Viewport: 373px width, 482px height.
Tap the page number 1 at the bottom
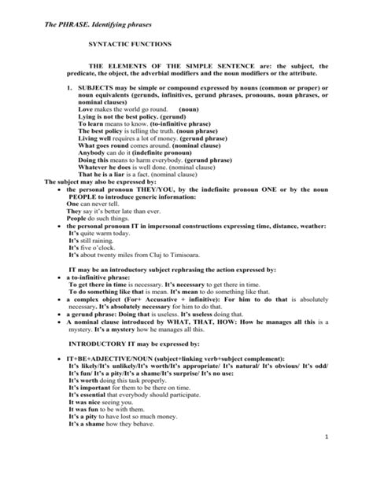pyautogui.click(x=345, y=457)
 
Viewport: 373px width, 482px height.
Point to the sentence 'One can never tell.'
pyautogui.click(x=94, y=203)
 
